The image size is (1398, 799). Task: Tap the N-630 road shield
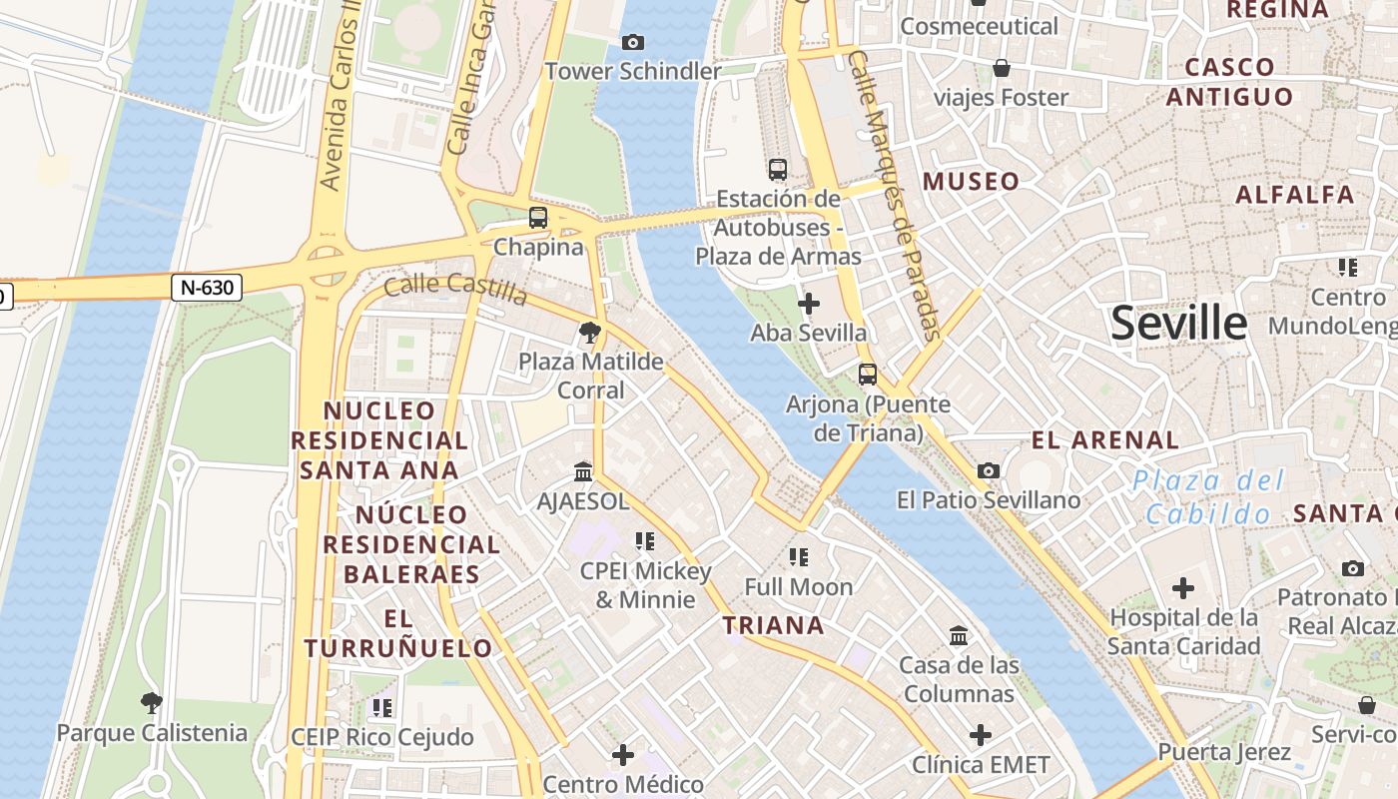click(x=208, y=288)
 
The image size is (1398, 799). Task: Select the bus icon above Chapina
click(x=538, y=217)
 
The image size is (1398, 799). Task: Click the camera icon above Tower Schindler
click(x=632, y=42)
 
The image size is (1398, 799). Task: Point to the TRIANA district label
click(x=774, y=626)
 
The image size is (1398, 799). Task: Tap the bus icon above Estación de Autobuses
click(x=778, y=170)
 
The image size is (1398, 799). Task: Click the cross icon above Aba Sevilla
click(x=809, y=304)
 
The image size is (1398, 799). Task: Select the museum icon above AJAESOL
click(x=583, y=471)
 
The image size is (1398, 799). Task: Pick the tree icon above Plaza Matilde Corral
click(x=590, y=333)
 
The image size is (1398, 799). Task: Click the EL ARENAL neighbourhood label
click(x=1105, y=439)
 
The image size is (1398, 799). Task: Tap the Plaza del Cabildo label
click(x=1208, y=497)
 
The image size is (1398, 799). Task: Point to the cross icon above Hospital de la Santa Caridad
click(x=1183, y=588)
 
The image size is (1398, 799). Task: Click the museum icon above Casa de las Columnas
click(x=959, y=635)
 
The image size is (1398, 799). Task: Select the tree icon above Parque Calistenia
click(x=152, y=703)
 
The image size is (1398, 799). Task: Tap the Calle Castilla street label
click(x=455, y=289)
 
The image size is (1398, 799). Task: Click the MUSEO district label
click(x=972, y=182)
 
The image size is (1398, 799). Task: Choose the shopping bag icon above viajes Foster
click(x=1002, y=68)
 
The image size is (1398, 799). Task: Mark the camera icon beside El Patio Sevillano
click(x=989, y=470)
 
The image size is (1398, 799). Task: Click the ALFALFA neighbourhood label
click(x=1295, y=195)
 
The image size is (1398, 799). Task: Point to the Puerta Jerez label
click(x=1224, y=752)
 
